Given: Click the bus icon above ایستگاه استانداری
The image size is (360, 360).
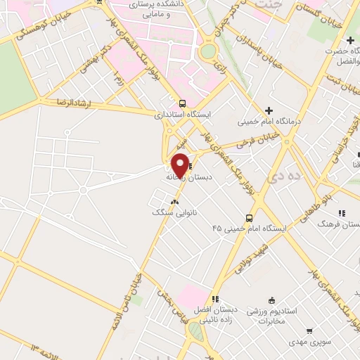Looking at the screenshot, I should pos(182,102).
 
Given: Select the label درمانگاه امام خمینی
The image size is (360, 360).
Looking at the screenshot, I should pos(269,121).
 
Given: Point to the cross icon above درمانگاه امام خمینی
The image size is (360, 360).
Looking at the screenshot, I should pos(269,110).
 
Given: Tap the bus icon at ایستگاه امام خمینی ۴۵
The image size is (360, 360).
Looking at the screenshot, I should pos(249,217).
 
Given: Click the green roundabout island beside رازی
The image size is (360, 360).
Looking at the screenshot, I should pos(209,51).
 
